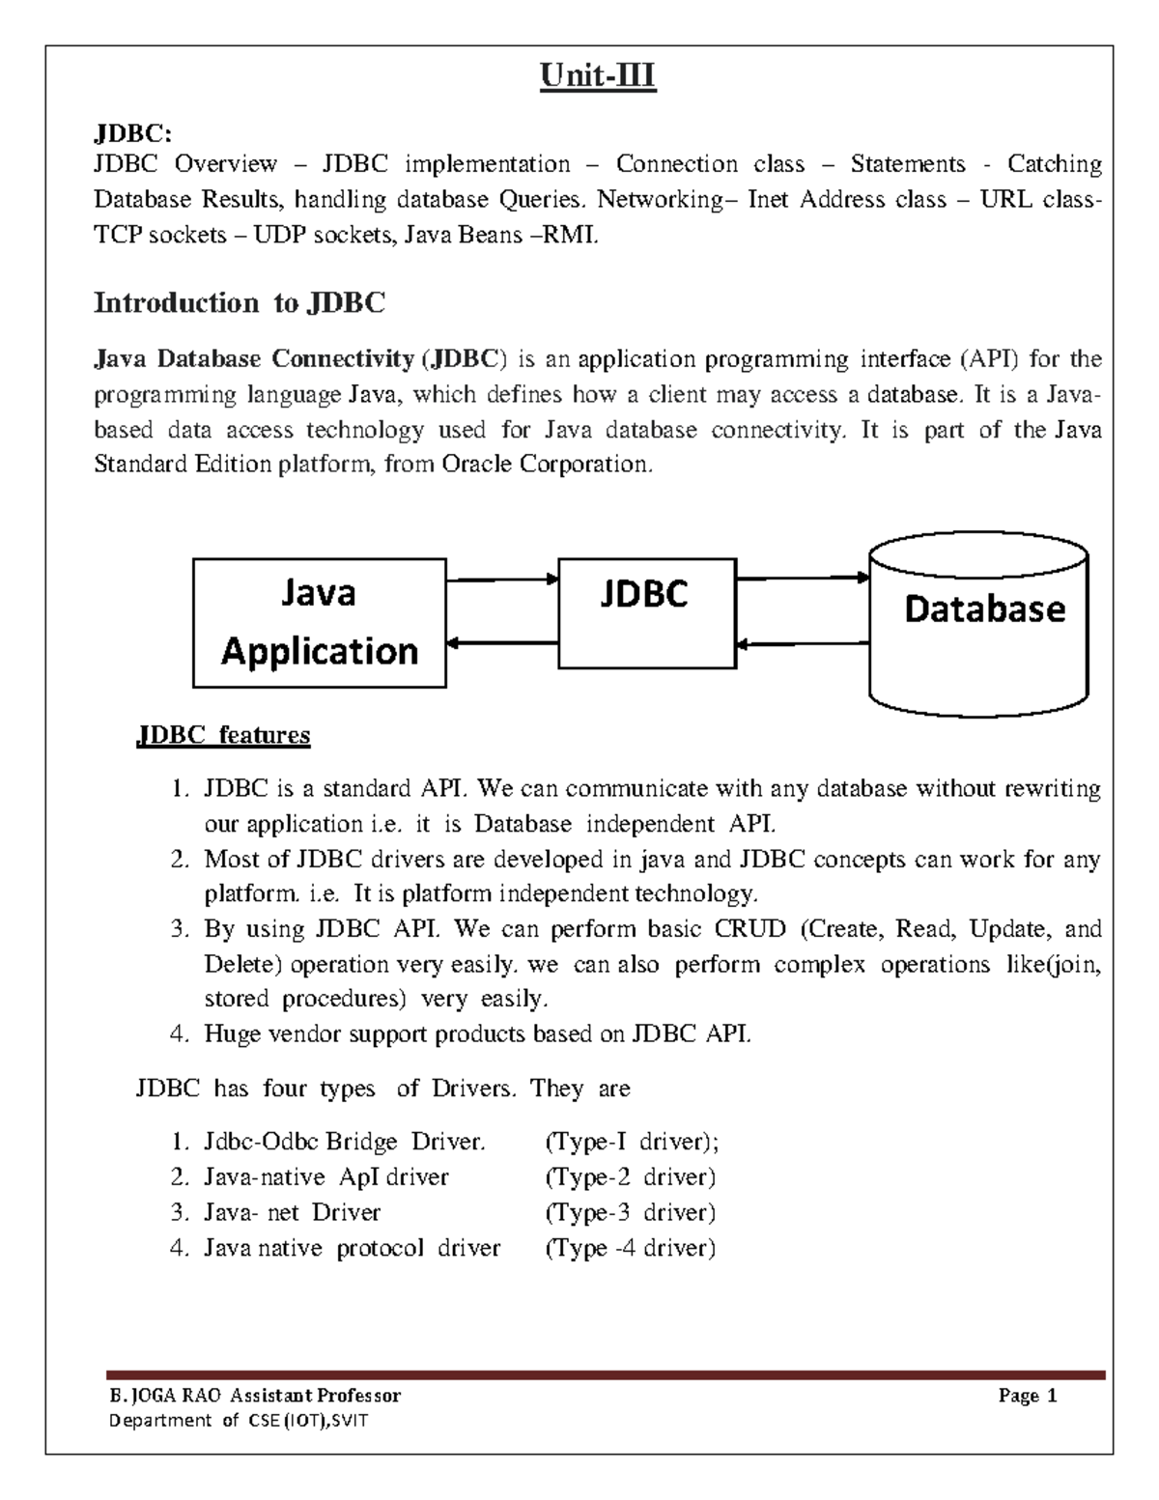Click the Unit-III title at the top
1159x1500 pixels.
point(598,75)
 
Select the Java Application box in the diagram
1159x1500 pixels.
point(319,623)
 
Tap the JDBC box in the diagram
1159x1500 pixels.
point(647,612)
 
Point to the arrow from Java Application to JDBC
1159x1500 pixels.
point(502,580)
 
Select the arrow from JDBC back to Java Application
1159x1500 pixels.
point(502,642)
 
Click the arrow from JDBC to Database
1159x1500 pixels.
point(803,578)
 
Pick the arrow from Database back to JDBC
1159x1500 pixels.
point(803,643)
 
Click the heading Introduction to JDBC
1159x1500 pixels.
point(239,303)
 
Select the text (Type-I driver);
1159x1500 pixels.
point(633,1142)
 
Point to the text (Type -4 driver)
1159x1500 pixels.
point(630,1248)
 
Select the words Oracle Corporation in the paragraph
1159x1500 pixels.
point(547,465)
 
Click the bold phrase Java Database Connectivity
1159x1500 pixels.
point(253,360)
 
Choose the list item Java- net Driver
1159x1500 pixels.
point(292,1212)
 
